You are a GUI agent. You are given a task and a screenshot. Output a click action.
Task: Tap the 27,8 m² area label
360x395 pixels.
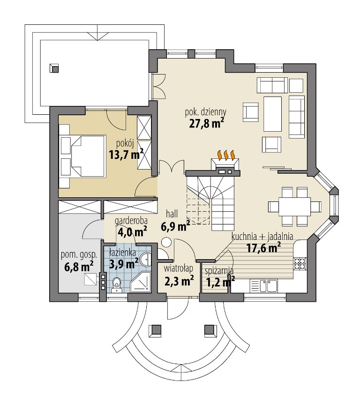[207, 123]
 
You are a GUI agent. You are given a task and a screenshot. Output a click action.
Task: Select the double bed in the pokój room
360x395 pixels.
[88, 156]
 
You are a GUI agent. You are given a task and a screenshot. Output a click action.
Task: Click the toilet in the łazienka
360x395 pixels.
[117, 285]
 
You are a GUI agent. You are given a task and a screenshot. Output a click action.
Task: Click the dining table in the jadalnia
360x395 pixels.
[294, 207]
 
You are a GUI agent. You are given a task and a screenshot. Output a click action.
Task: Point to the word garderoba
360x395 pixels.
[131, 221]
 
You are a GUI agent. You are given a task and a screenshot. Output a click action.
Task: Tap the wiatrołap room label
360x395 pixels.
[178, 269]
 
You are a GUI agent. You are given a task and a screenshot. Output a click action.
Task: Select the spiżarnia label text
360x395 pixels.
[219, 271]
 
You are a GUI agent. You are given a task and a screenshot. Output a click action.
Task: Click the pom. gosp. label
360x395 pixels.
[79, 255]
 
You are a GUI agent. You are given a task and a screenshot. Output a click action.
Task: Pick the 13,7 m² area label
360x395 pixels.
[126, 155]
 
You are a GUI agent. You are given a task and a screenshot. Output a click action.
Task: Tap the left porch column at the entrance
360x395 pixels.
[155, 330]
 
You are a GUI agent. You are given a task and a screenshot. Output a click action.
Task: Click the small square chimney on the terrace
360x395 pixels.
[54, 68]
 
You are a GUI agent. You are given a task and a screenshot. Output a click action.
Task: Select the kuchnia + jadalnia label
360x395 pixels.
[262, 237]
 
